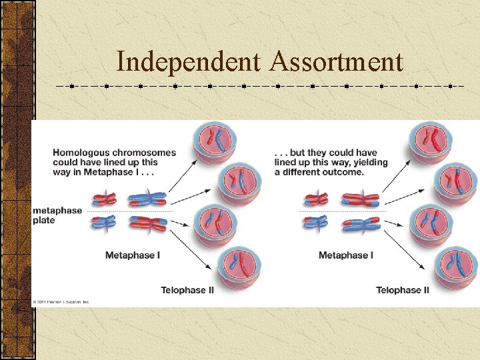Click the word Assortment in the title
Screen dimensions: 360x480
click(337, 62)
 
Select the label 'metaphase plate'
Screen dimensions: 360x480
click(57, 215)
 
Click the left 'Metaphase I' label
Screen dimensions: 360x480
click(132, 255)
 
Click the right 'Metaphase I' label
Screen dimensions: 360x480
click(345, 255)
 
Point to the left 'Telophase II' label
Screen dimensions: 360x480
click(189, 290)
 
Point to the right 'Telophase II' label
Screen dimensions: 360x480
click(403, 290)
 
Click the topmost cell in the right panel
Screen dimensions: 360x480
click(430, 141)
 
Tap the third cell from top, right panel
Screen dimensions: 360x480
click(430, 223)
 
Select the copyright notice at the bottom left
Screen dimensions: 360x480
click(61, 302)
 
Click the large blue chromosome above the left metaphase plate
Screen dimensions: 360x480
click(147, 199)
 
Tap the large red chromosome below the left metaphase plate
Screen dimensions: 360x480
click(147, 223)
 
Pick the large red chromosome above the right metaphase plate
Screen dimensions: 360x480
click(361, 199)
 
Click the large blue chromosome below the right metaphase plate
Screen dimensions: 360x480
click(361, 223)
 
